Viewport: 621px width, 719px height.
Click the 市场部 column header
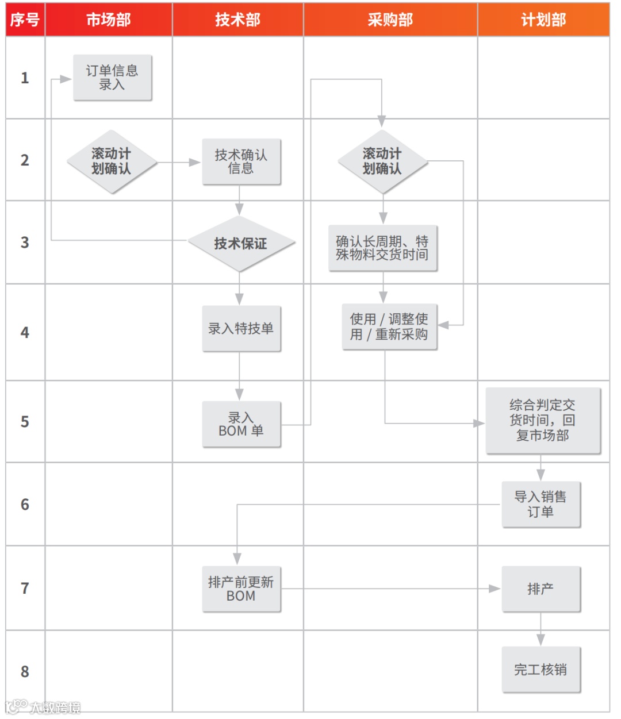coord(109,20)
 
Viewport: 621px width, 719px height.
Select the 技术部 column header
coord(237,20)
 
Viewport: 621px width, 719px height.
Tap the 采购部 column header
coord(390,20)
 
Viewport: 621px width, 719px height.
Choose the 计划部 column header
coord(543,20)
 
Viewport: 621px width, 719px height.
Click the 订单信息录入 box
coord(112,78)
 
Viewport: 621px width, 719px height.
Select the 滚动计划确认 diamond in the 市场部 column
coord(112,162)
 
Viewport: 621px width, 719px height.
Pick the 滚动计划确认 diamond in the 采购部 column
coord(382,162)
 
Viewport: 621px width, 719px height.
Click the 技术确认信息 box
coord(241,162)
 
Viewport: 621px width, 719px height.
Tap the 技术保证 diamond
coord(241,244)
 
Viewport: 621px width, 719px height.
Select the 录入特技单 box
coord(241,328)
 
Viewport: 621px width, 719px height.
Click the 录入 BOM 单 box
coord(241,424)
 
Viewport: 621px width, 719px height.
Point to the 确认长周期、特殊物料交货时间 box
coord(382,248)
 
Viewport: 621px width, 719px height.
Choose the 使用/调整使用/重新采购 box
coord(389,326)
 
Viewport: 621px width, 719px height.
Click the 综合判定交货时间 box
coord(543,420)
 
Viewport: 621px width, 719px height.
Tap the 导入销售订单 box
coord(540,504)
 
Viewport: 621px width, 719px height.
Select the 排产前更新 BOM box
coord(241,589)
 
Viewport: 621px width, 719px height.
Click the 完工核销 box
coord(540,670)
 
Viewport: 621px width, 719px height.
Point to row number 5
coord(25,421)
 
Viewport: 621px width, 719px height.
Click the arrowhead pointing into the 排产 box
coord(494,589)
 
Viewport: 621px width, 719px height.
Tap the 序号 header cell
coord(25,20)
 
